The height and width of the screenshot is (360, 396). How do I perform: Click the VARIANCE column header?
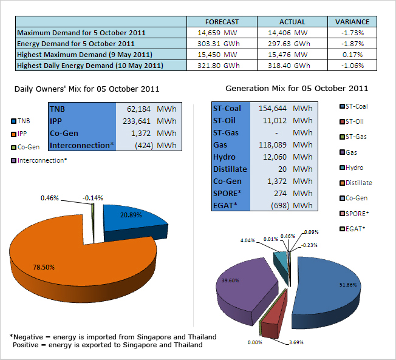(352, 22)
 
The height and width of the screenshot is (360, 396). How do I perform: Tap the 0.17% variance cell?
(352, 55)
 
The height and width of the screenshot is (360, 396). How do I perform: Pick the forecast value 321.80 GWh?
(219, 66)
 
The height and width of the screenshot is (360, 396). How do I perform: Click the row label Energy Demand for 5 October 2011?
(76, 44)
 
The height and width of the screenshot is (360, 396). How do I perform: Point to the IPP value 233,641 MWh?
(149, 121)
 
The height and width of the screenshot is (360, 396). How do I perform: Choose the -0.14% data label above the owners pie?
(93, 198)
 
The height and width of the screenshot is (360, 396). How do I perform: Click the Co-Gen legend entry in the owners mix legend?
(26, 147)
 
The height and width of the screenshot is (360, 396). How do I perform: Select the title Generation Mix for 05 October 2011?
(297, 89)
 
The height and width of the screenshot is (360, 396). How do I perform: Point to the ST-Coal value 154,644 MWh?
(285, 109)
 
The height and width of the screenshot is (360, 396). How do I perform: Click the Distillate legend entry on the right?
(356, 183)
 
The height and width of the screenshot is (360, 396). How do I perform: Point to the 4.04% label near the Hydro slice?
(248, 240)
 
